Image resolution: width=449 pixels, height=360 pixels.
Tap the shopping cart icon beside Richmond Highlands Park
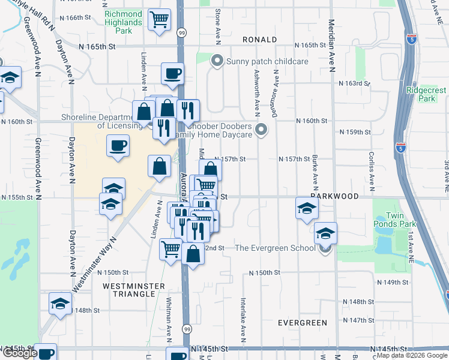point(159,20)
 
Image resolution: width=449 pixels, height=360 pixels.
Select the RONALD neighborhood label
point(259,40)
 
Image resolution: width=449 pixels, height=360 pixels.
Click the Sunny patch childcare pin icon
point(217,61)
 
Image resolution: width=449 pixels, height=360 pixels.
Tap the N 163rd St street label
point(354,83)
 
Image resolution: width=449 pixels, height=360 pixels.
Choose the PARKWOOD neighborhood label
point(334,196)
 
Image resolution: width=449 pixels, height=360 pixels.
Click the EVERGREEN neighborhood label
point(303,323)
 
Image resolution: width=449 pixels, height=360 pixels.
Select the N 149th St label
point(392,282)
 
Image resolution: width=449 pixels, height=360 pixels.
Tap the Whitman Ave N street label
point(169,320)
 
